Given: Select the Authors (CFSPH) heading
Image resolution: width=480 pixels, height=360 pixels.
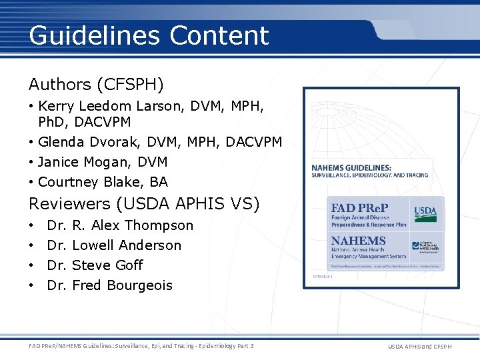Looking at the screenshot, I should pos(97,85).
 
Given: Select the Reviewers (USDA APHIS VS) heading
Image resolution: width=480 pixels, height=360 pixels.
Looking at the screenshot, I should pos(144,203).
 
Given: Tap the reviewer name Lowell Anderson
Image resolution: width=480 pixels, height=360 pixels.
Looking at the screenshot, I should pos(127,245).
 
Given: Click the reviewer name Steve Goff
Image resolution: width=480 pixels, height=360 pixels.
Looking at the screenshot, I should pos(107,265).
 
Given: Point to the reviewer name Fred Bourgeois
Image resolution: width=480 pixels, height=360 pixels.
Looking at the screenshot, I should pos(122,285).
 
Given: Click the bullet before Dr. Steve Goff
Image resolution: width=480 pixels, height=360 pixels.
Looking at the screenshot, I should pos(33,265).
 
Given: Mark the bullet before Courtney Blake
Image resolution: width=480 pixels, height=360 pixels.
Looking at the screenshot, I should pos(33,182).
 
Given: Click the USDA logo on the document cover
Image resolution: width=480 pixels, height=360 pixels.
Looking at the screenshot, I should pos(425,213).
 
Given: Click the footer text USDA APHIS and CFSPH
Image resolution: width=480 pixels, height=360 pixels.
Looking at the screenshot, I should pos(420,346).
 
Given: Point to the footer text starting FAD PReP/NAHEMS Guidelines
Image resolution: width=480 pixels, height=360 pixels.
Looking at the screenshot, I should pos(141,345).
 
